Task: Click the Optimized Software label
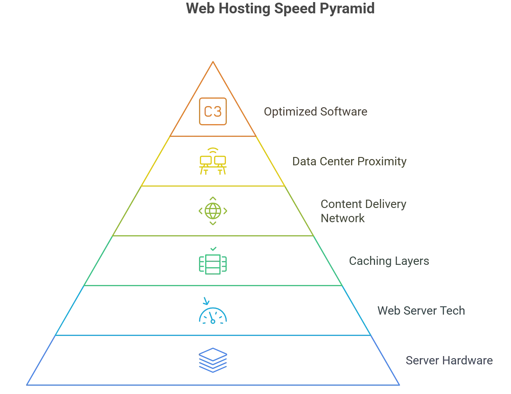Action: (316, 112)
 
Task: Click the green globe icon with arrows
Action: (213, 211)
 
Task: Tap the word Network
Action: (342, 219)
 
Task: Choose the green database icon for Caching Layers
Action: (213, 262)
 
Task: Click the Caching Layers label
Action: (389, 261)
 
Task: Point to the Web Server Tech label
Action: (421, 311)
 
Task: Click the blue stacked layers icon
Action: (213, 360)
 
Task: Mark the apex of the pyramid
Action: (213, 61)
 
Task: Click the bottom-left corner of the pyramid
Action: (27, 385)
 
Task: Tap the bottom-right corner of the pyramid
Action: (400, 385)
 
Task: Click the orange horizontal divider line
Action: (213, 136)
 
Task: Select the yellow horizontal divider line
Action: (213, 186)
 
